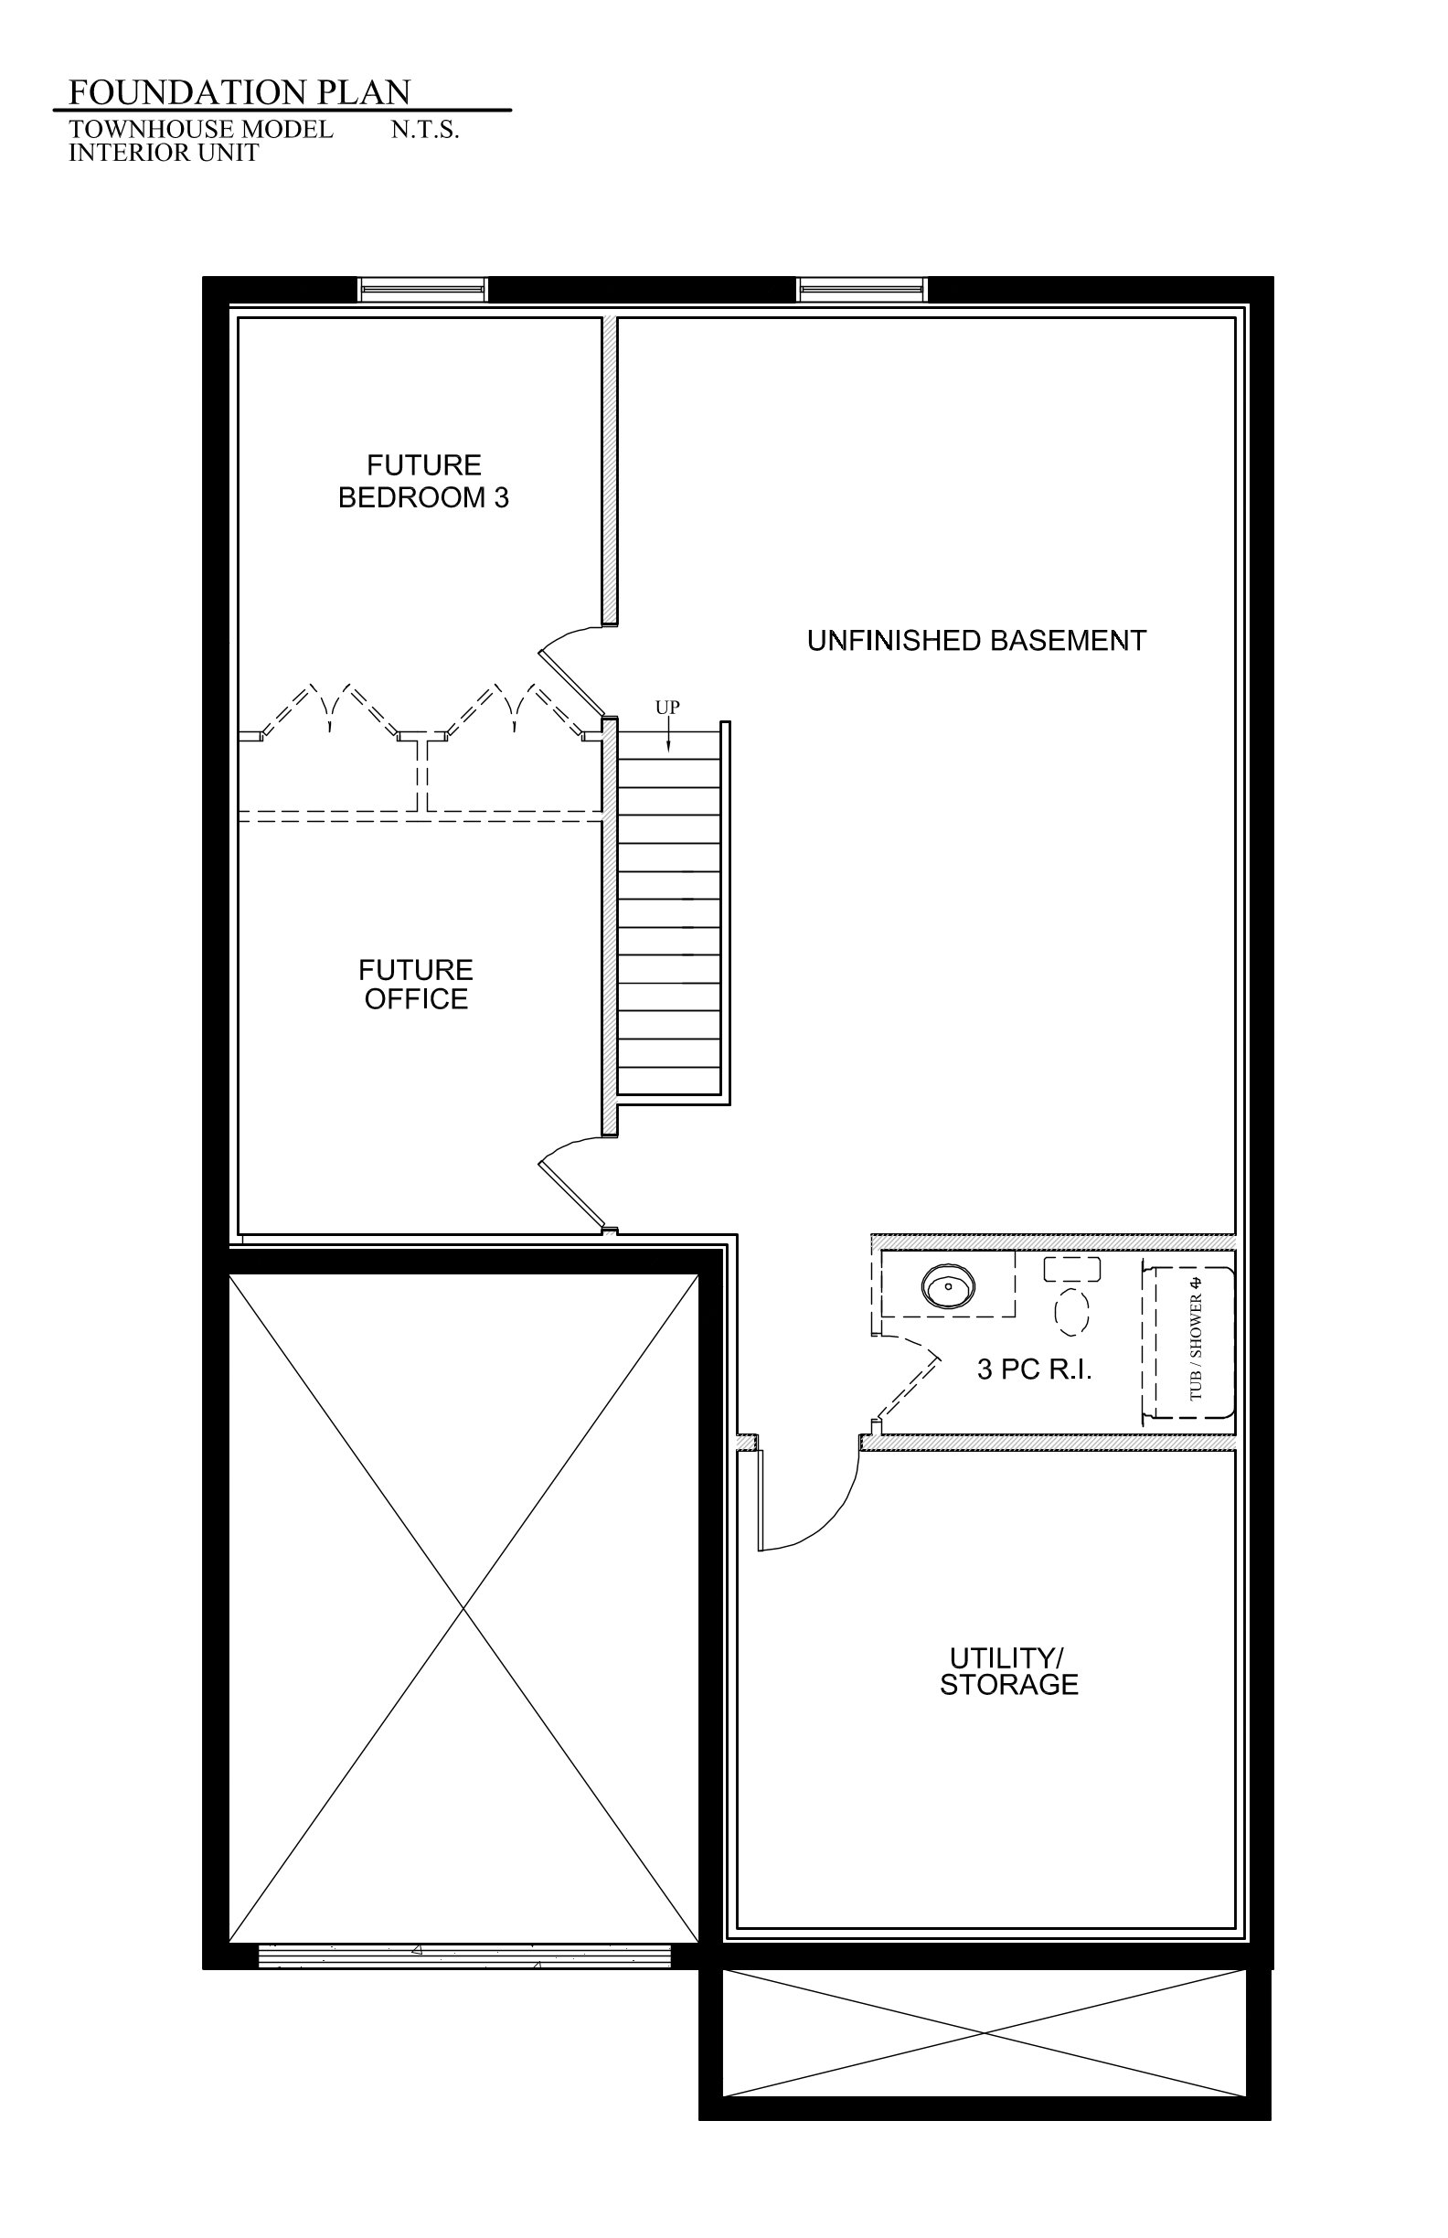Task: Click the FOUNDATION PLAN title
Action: pyautogui.click(x=240, y=92)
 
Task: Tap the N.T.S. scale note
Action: pyautogui.click(x=425, y=130)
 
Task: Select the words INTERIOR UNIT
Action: pyautogui.click(x=164, y=153)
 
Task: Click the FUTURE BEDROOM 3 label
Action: pyautogui.click(x=423, y=482)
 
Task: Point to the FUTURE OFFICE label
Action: pyautogui.click(x=416, y=984)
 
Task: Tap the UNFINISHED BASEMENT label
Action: pyautogui.click(x=976, y=640)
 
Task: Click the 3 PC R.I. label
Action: pyautogui.click(x=1034, y=1369)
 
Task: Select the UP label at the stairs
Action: pyautogui.click(x=667, y=707)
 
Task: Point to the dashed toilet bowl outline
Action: pyautogui.click(x=1072, y=1311)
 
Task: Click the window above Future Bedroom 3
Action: pyautogui.click(x=423, y=290)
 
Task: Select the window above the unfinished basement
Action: pyautogui.click(x=862, y=290)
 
